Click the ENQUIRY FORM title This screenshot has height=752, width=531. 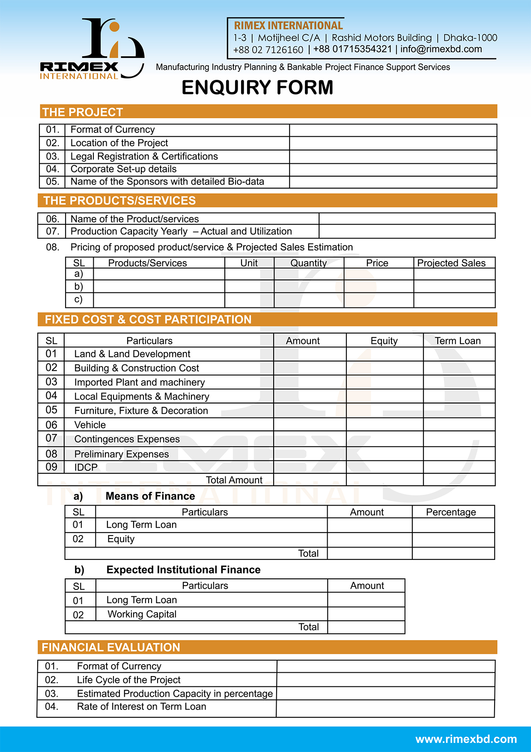click(x=257, y=87)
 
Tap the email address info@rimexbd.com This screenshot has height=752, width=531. click(x=441, y=49)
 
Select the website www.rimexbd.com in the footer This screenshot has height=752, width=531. click(x=466, y=739)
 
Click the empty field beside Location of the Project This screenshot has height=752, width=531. click(x=393, y=143)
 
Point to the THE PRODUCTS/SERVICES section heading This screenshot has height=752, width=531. click(x=119, y=201)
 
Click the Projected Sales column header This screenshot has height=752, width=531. click(x=451, y=263)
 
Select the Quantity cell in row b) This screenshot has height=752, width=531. click(x=309, y=286)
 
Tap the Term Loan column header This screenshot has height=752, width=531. click(x=458, y=341)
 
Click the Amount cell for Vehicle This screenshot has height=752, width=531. click(x=310, y=425)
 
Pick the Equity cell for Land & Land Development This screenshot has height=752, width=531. click(x=384, y=354)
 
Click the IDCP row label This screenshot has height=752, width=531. click(x=86, y=467)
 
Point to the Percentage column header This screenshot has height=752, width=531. click(x=451, y=512)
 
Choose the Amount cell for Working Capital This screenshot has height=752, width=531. click(x=366, y=614)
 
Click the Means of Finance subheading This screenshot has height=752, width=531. click(x=150, y=496)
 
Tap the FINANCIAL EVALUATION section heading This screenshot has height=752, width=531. click(x=111, y=647)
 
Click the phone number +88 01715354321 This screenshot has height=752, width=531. click(x=352, y=49)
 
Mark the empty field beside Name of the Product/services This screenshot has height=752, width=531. click(x=407, y=219)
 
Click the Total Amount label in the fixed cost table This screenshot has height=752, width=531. click(x=234, y=480)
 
